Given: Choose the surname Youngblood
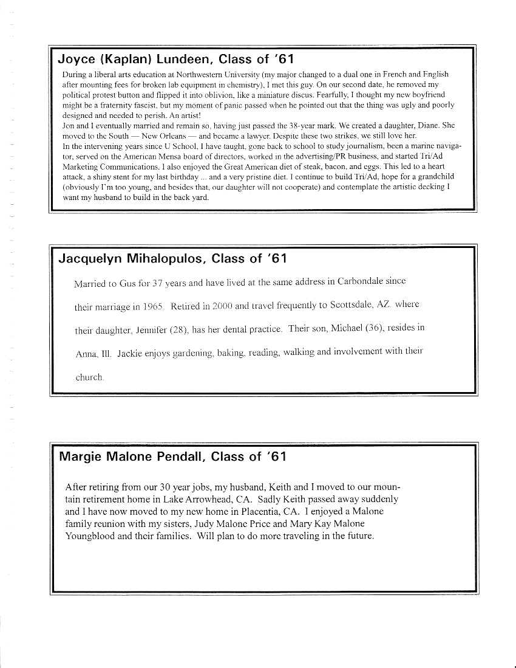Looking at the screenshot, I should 90,536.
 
